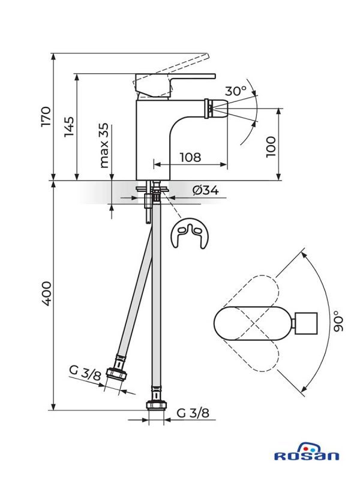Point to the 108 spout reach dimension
[190, 157]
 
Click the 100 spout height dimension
[271, 146]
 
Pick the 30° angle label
[236, 91]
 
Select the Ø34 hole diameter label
[205, 191]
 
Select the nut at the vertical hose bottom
[156, 405]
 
